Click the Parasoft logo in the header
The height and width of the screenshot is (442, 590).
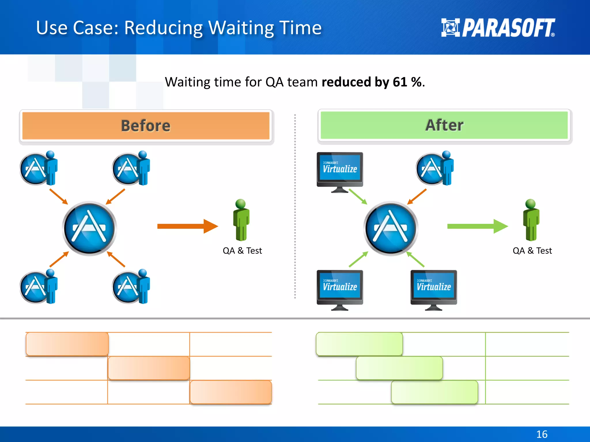(498, 28)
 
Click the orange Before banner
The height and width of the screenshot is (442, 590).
(146, 126)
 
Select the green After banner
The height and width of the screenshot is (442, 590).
(444, 125)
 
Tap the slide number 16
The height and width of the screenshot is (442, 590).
(542, 434)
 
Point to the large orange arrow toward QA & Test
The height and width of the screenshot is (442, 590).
(187, 226)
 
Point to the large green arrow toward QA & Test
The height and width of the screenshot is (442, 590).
(477, 226)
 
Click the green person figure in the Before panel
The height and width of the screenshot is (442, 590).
(241, 220)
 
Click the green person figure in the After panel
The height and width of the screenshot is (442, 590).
(531, 220)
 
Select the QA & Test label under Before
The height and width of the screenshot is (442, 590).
(242, 251)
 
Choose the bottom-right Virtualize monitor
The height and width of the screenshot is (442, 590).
(434, 289)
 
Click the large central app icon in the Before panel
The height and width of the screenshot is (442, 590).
(89, 228)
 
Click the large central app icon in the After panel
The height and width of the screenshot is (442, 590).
(391, 228)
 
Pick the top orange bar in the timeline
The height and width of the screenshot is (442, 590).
(67, 344)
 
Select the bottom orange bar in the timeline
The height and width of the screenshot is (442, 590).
(230, 392)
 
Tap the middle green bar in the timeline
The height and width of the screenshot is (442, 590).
(399, 368)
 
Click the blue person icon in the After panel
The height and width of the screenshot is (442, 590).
(447, 168)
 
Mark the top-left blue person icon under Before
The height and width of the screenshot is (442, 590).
(51, 168)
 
